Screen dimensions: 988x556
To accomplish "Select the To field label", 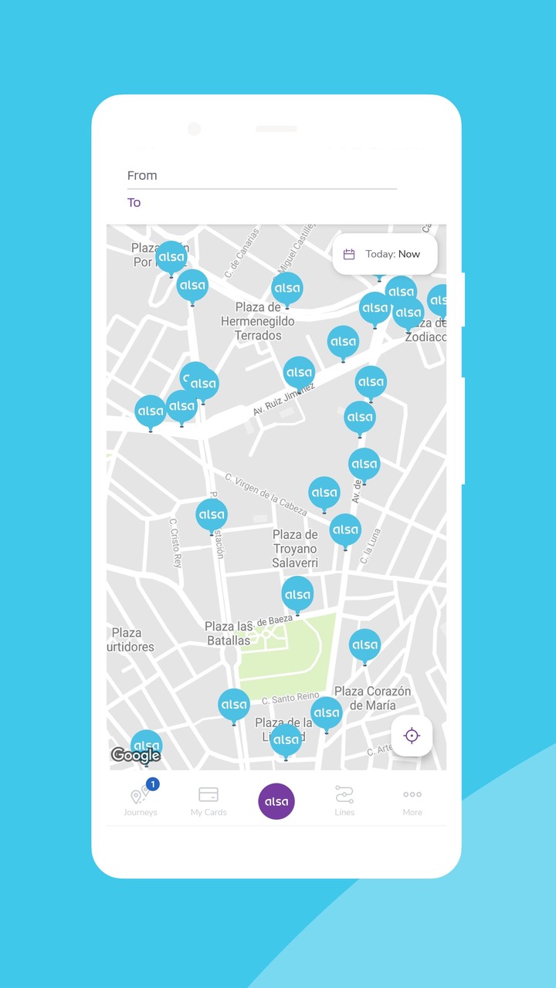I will (x=134, y=203).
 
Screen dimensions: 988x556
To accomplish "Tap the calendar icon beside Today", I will (x=349, y=254).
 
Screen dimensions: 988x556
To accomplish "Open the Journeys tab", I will (x=140, y=801).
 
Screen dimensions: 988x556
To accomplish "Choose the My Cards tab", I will (x=208, y=801).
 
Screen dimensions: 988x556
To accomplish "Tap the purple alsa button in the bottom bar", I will (x=276, y=801).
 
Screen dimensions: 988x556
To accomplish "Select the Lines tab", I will (x=344, y=801).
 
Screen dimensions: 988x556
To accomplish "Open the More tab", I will (x=412, y=801).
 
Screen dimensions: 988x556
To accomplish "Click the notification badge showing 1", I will (x=153, y=784).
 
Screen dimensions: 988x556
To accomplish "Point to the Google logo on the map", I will (x=135, y=756).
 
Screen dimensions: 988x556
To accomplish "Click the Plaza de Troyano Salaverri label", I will (x=295, y=549).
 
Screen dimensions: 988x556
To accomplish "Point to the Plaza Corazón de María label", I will (x=372, y=698).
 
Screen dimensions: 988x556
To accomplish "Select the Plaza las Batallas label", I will (x=229, y=634).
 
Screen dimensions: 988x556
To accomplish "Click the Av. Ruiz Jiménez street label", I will (x=284, y=399).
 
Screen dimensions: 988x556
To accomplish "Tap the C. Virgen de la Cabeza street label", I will (x=266, y=494).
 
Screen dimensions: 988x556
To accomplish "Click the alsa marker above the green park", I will (x=297, y=595).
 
